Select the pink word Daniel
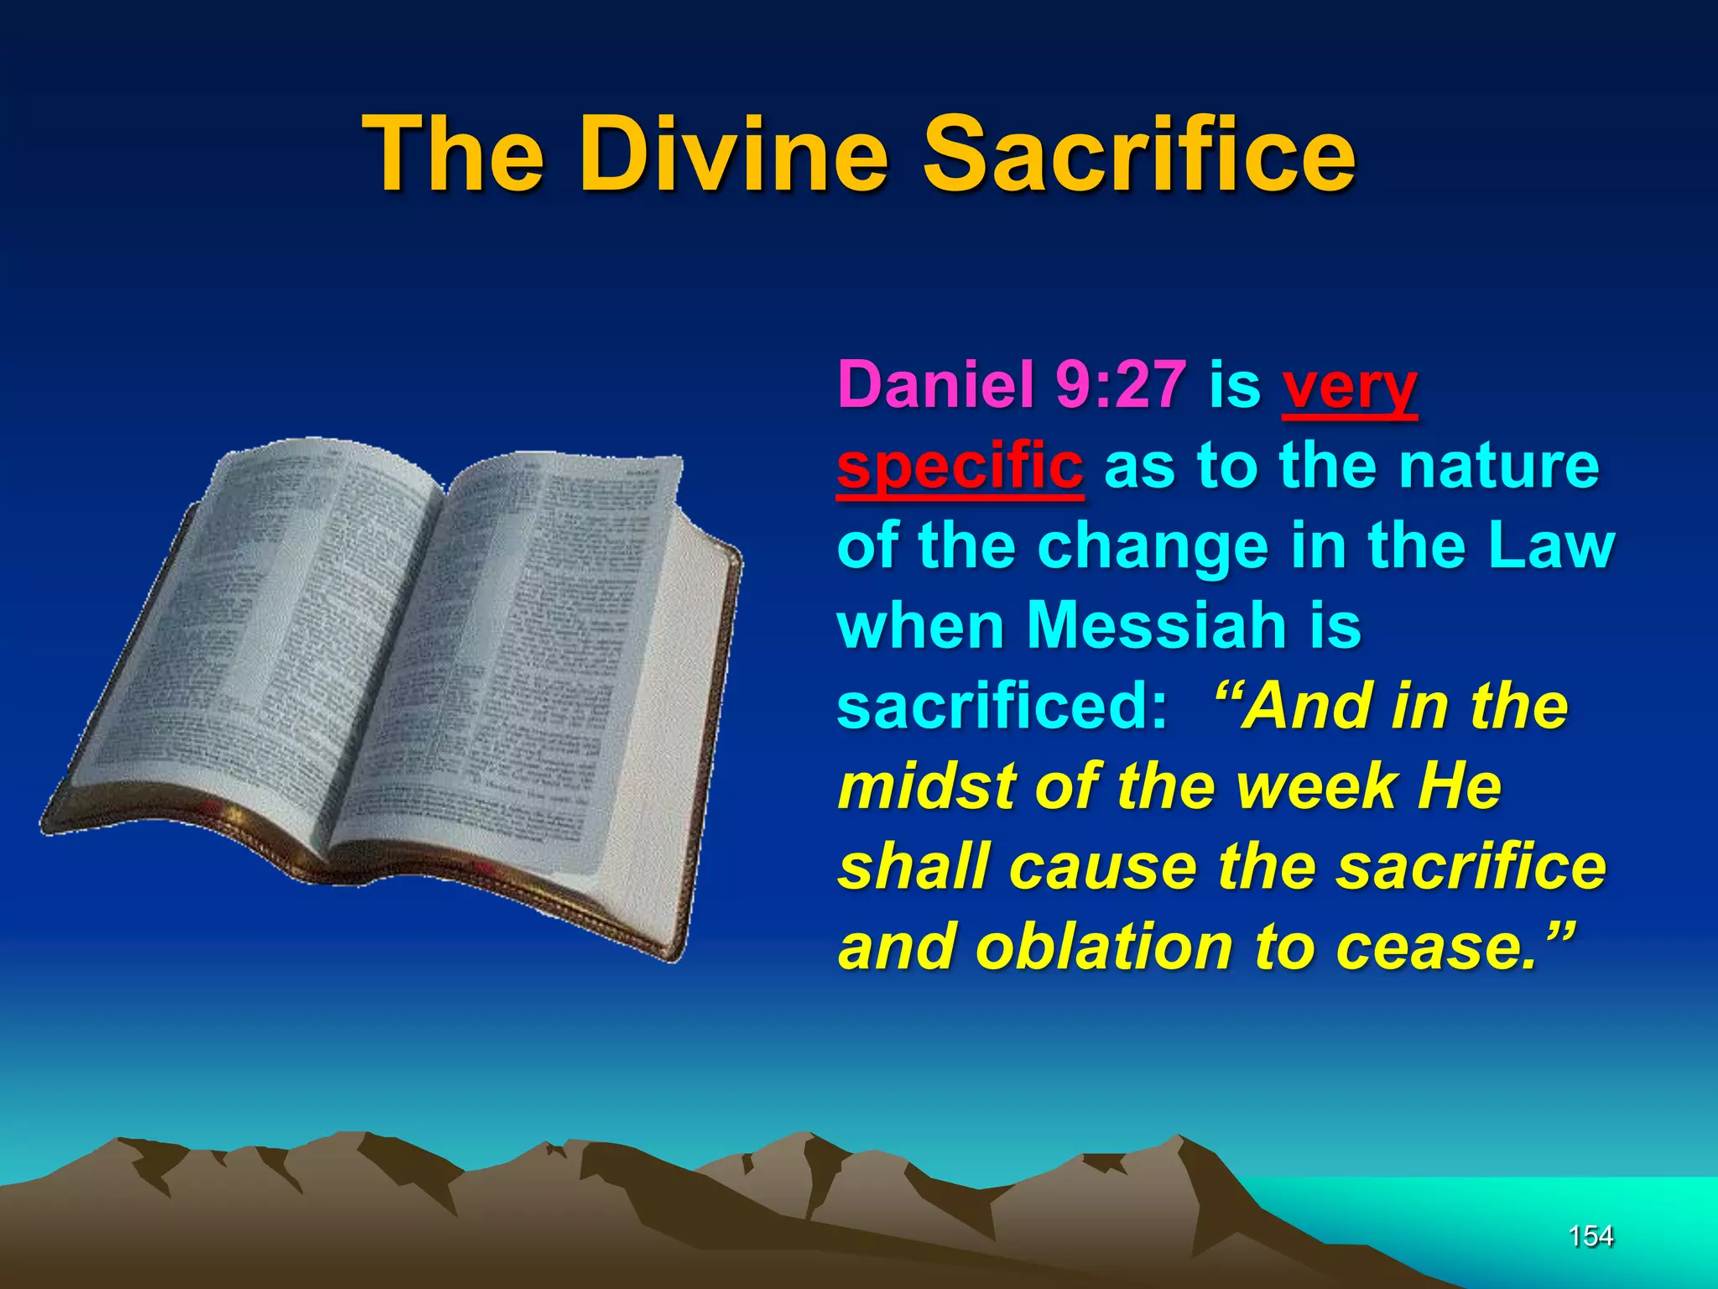click(935, 384)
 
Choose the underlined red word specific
click(960, 467)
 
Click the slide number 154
click(1590, 1236)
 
